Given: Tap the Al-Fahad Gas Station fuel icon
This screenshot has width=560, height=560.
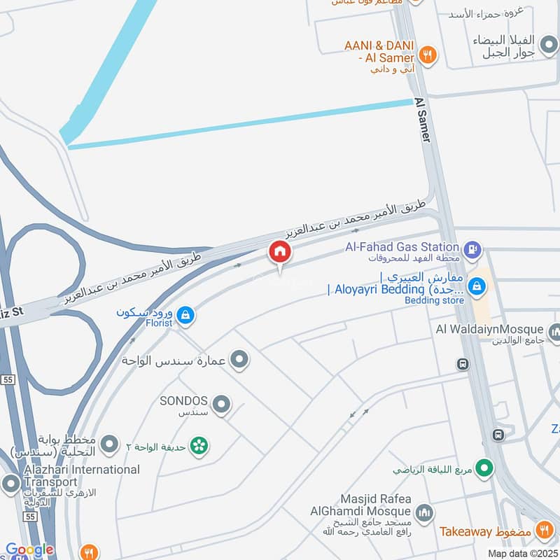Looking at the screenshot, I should tap(473, 247).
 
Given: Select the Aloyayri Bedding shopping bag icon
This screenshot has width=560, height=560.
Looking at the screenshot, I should tap(477, 286).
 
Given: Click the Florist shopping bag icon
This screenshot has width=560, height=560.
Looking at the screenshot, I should tap(185, 316).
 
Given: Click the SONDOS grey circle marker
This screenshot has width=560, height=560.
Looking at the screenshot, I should tap(222, 404).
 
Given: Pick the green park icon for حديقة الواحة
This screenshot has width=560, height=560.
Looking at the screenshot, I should tap(199, 445).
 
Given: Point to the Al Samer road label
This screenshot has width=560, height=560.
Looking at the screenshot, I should tap(422, 120).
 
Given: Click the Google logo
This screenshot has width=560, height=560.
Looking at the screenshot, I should tap(29, 550).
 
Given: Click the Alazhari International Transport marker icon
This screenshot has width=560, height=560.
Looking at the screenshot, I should tap(10, 483).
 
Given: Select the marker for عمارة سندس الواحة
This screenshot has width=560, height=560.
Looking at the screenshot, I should tap(240, 360).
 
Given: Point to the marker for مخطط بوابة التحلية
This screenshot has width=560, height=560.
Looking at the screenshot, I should tap(109, 443).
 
